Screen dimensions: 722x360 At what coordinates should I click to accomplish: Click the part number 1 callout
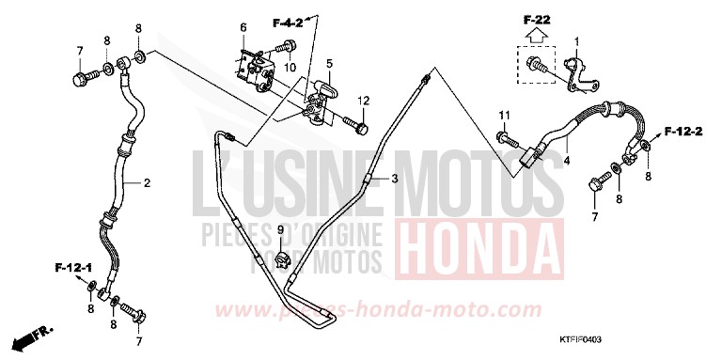pyautogui.click(x=577, y=40)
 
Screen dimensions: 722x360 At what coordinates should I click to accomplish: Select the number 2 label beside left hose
pyautogui.click(x=148, y=183)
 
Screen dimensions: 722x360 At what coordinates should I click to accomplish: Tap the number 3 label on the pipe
pyautogui.click(x=396, y=177)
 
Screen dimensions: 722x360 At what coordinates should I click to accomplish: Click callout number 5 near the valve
pyautogui.click(x=330, y=64)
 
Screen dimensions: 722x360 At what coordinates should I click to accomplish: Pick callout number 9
pyautogui.click(x=278, y=229)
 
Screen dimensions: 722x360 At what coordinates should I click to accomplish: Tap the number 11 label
pyautogui.click(x=503, y=115)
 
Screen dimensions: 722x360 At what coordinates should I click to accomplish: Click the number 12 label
pyautogui.click(x=362, y=101)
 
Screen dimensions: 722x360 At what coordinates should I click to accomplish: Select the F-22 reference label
pyautogui.click(x=537, y=18)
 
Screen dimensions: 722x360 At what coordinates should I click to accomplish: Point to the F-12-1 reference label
pyautogui.click(x=72, y=269)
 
